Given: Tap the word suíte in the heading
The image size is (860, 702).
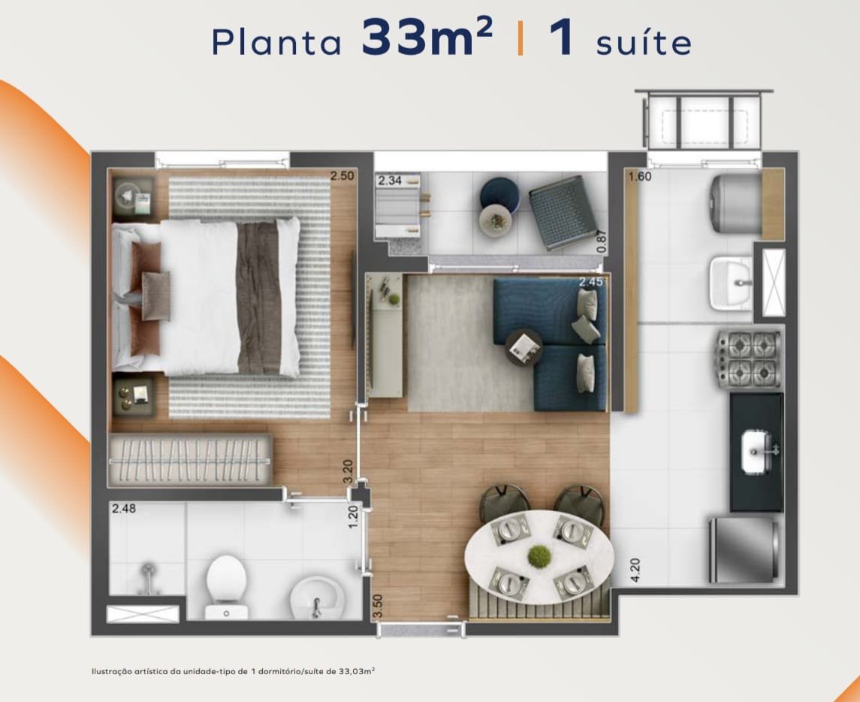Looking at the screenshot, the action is coord(644,41).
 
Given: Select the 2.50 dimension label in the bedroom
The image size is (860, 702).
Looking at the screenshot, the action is coord(342,176).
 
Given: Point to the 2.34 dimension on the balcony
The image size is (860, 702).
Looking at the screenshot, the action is coord(390,180).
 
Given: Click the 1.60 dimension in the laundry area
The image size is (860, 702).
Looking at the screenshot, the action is coord(640,176).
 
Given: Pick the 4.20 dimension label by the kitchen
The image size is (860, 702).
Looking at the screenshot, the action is coord(635,570).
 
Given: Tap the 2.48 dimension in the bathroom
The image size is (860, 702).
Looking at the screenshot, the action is coord(124,508).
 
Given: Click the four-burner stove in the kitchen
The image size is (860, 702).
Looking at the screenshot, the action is coord(750,359).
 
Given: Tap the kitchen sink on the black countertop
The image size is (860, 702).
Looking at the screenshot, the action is coord(758,451).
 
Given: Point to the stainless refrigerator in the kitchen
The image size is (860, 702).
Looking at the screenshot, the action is coord(744,549).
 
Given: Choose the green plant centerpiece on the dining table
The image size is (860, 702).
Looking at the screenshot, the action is coord(539,556).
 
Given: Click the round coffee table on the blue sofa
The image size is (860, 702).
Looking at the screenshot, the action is coord(524,347).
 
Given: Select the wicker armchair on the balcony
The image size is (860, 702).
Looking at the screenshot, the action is coord(563,213).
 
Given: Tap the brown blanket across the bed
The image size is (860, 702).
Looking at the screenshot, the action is coord(258,298).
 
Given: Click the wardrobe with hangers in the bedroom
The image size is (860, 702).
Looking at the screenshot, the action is coord(190,460).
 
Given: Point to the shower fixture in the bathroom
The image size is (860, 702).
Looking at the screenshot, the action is coord(147,577).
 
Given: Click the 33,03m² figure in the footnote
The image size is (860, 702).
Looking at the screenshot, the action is coord(357,670).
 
